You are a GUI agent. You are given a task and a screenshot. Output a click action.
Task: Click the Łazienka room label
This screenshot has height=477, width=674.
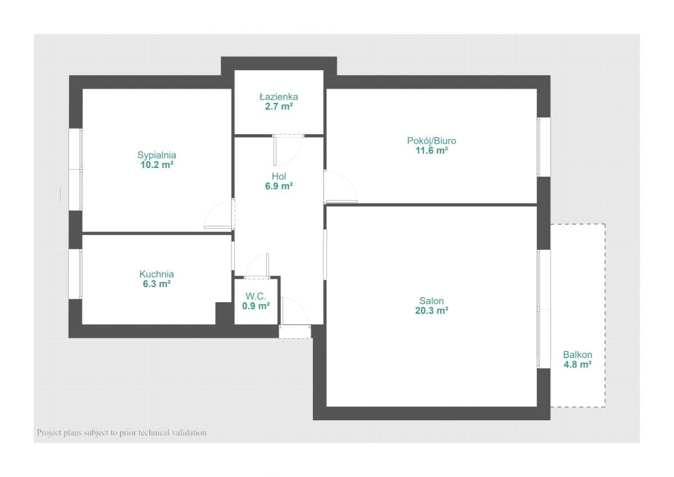[x=279, y=97]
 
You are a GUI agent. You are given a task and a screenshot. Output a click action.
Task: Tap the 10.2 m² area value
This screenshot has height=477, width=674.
[x=157, y=165]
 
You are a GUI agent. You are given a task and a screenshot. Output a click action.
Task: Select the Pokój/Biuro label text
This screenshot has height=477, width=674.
[x=431, y=141]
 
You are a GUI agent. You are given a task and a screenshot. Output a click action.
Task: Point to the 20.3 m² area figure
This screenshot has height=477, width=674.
[x=431, y=310]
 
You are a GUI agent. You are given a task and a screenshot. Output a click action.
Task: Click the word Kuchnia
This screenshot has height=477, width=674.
[x=157, y=274]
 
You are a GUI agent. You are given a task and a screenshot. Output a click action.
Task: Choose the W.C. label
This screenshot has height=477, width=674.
[x=256, y=296]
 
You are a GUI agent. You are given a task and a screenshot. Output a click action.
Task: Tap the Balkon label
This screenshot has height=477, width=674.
[x=577, y=355]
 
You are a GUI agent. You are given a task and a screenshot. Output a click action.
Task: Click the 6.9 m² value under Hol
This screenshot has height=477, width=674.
[x=279, y=186]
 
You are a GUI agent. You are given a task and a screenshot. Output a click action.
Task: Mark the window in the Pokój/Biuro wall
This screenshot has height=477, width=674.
[x=544, y=147]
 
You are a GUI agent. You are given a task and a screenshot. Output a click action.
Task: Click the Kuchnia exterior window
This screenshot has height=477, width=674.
[x=75, y=274]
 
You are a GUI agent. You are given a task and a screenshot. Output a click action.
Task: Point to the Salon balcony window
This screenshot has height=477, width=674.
[x=544, y=309]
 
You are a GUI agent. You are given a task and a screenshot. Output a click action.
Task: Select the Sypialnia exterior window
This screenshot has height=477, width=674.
[x=75, y=170]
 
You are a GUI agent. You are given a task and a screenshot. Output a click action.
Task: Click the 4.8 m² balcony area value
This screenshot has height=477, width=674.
[x=577, y=365]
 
